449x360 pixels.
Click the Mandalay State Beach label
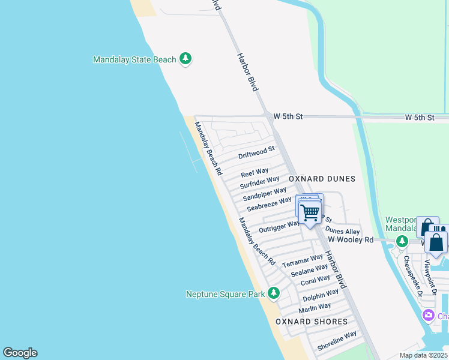(134, 59)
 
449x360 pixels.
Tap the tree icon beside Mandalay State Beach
(186, 58)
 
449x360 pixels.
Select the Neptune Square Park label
(226, 294)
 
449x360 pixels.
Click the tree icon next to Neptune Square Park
(274, 293)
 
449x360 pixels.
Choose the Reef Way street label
(255, 173)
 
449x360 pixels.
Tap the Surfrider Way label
(260, 182)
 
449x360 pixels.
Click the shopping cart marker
(310, 212)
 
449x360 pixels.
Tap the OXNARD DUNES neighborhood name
(322, 179)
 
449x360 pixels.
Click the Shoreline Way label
(337, 341)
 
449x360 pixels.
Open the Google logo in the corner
(20, 353)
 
